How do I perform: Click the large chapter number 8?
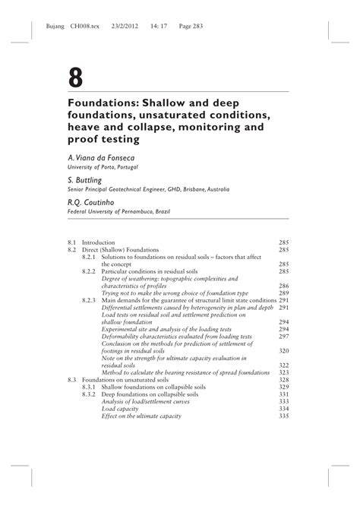point(76,77)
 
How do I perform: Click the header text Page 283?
point(213,24)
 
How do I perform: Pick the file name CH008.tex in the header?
point(85,24)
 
